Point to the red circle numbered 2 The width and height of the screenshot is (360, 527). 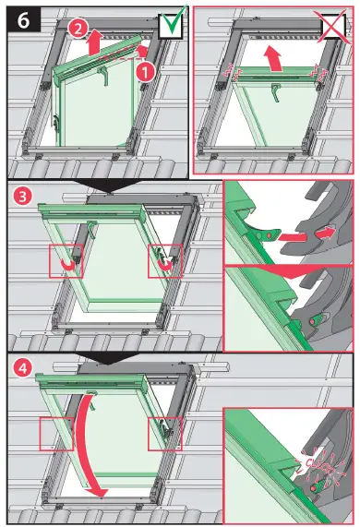78,29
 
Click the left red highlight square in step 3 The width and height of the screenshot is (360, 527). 66,261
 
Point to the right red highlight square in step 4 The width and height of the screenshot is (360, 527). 164,431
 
